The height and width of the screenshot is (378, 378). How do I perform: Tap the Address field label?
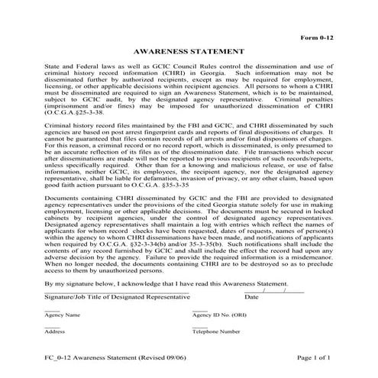click(x=54, y=332)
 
